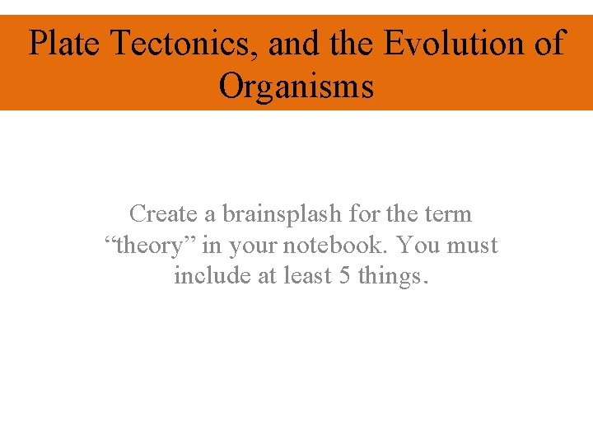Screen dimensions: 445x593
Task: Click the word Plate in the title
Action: pos(64,44)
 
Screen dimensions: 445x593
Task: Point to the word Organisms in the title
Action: pos(296,86)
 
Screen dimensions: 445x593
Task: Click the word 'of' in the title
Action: pos(548,44)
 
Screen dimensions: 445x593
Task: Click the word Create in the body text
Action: pos(164,214)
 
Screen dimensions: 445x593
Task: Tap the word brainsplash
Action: pos(282,214)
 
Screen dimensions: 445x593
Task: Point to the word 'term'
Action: pos(448,214)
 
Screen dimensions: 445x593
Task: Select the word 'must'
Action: pos(473,246)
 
